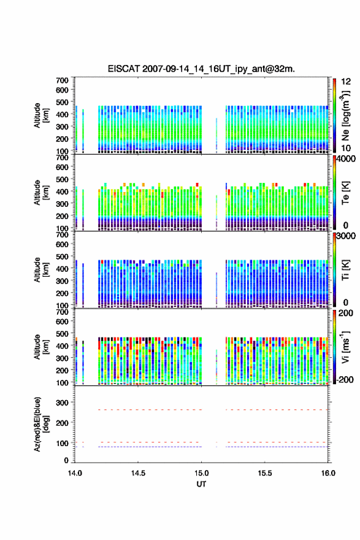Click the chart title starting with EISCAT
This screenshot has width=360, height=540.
pyautogui.click(x=201, y=69)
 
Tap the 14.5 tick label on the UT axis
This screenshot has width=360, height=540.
pyautogui.click(x=138, y=473)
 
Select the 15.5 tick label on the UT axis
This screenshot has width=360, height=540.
pyautogui.click(x=265, y=473)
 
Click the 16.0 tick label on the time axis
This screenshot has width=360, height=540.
pyautogui.click(x=328, y=473)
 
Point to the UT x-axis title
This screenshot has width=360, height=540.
pyautogui.click(x=201, y=484)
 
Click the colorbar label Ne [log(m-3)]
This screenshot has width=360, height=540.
pyautogui.click(x=345, y=116)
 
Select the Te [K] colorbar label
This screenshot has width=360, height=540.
pyautogui.click(x=345, y=193)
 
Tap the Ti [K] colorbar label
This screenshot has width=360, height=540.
pyautogui.click(x=345, y=270)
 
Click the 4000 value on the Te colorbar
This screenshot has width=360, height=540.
pyautogui.click(x=346, y=159)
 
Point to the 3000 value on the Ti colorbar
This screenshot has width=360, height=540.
pyautogui.click(x=346, y=236)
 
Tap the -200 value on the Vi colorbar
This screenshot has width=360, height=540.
pyautogui.click(x=344, y=379)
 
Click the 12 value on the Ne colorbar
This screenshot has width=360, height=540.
pyautogui.click(x=346, y=82)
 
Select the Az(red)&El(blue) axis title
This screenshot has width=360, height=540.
pyautogui.click(x=41, y=424)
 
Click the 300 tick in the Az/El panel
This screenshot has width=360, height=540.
pyautogui.click(x=63, y=403)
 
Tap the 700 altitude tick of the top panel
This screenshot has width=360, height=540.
pyautogui.click(x=63, y=80)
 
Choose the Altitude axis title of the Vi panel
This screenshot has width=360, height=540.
pyautogui.click(x=41, y=347)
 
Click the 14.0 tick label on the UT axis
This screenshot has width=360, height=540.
pyautogui.click(x=75, y=473)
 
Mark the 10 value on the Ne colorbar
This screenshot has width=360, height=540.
pyautogui.click(x=346, y=148)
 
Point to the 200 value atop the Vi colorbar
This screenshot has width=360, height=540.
pyautogui.click(x=345, y=313)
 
